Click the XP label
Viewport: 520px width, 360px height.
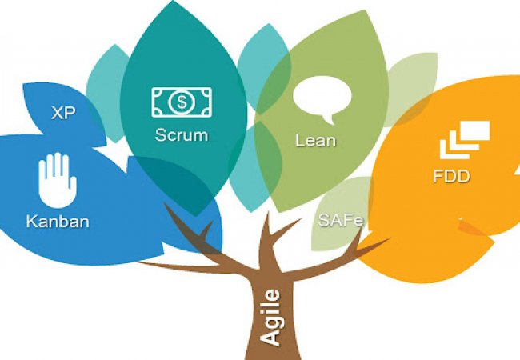click(63, 113)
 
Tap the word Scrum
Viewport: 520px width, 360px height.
click(181, 135)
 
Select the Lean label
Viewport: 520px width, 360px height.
click(314, 141)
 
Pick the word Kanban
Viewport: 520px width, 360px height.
click(57, 220)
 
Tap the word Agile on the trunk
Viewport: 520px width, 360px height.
click(271, 318)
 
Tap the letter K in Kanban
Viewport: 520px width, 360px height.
click(30, 220)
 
